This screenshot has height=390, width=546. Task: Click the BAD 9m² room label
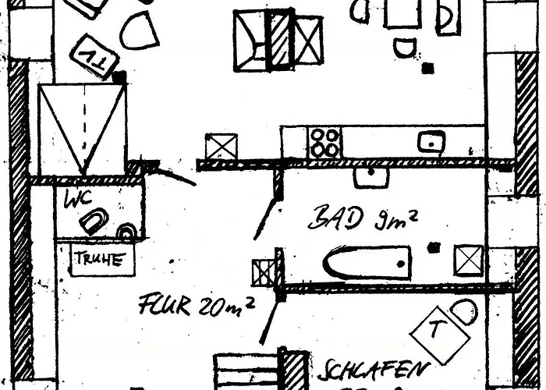(x=362, y=219)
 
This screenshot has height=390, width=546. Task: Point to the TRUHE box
(x=97, y=260)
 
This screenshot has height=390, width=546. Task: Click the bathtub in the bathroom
(x=366, y=263)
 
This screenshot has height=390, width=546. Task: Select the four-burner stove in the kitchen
(x=324, y=143)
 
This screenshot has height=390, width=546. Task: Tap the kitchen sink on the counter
(x=431, y=142)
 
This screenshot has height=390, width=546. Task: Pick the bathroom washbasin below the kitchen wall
(x=370, y=176)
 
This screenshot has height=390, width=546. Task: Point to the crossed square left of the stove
(x=221, y=147)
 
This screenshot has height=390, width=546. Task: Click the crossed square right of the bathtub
(x=469, y=260)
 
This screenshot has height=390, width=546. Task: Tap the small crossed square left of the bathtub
(x=264, y=272)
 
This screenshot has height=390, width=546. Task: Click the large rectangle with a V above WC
(x=82, y=129)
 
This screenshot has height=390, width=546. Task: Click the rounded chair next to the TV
(x=139, y=30)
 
